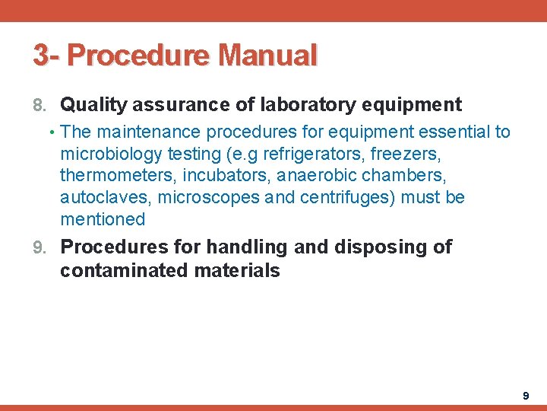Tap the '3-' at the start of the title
pyautogui.click(x=46, y=56)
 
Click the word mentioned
pyautogui.click(x=103, y=220)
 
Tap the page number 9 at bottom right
pyautogui.click(x=526, y=396)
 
